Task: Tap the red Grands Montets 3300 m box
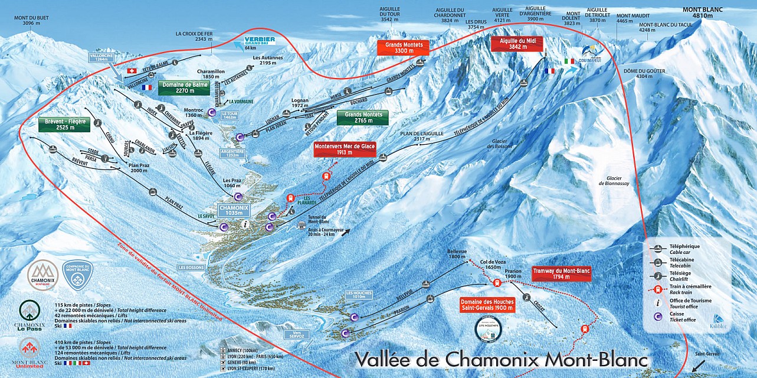(404, 48)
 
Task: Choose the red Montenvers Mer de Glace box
(345, 149)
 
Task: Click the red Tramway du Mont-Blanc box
(561, 273)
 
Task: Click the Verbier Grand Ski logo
(254, 43)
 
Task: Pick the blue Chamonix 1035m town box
(234, 210)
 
